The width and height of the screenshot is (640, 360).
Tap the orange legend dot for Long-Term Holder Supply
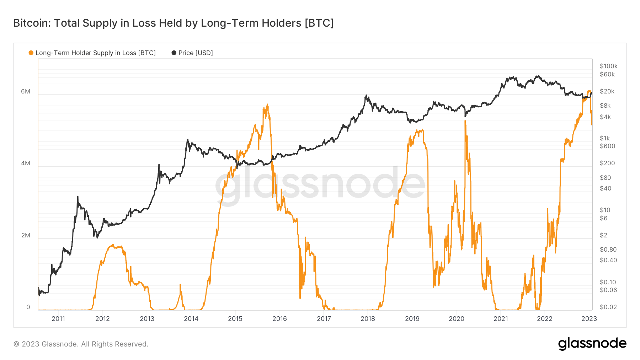coord(31,53)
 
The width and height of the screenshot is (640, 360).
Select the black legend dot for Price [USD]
coord(174,53)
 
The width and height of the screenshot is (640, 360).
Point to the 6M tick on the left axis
coord(26,91)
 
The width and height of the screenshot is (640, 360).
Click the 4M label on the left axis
coord(26,163)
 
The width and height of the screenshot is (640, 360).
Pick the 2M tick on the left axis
coord(26,235)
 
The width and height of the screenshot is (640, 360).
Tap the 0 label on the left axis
coord(28,307)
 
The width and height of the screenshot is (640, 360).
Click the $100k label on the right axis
coord(608,66)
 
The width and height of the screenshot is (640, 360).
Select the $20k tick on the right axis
coord(607,91)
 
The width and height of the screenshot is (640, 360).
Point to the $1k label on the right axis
coord(605,138)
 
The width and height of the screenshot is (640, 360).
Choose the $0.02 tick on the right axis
coord(608,307)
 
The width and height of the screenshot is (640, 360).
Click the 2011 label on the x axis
coord(58,318)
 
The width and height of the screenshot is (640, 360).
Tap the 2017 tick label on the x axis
coord(324,318)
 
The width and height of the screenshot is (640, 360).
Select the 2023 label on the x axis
coord(589,318)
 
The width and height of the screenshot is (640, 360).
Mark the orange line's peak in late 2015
coord(267,104)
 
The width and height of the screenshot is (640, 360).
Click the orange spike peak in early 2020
coord(465,121)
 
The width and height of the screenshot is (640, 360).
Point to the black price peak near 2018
coord(366,95)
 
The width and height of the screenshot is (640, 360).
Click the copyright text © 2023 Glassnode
coord(81,344)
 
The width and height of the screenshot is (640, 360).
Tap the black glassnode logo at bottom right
coord(592,344)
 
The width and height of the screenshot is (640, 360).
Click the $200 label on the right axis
coord(607,163)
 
